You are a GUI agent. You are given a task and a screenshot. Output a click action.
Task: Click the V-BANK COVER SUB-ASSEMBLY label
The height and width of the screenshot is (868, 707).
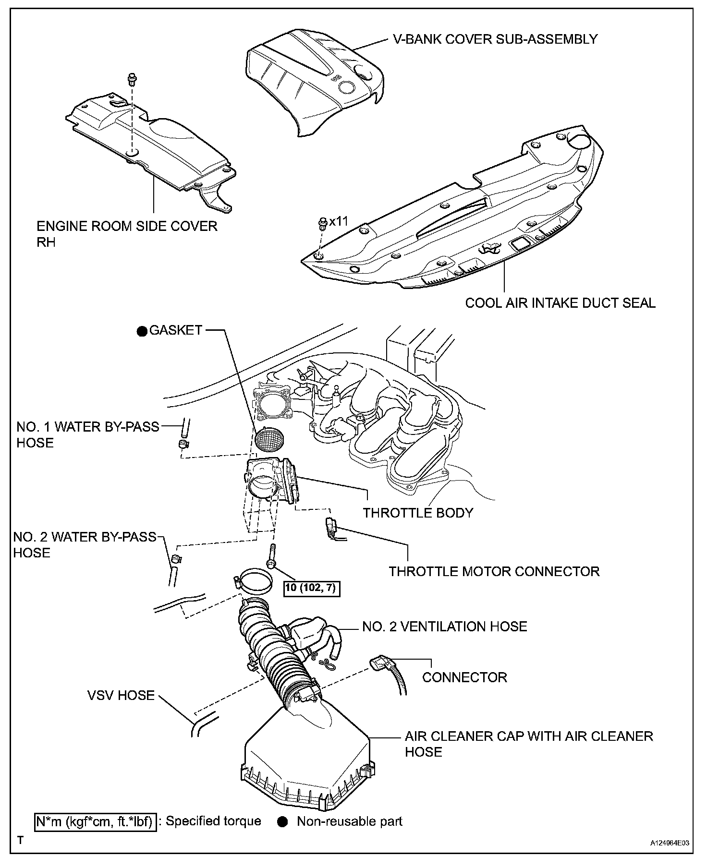click(x=495, y=39)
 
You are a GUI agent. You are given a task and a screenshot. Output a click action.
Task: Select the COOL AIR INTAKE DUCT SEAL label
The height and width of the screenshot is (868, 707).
click(x=560, y=303)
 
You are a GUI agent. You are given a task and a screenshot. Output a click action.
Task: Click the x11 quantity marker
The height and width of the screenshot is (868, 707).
click(x=338, y=221)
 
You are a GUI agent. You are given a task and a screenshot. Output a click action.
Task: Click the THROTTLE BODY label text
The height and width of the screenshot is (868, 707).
click(x=418, y=513)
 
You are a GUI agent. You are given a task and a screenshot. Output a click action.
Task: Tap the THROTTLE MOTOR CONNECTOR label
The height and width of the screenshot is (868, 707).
click(x=494, y=571)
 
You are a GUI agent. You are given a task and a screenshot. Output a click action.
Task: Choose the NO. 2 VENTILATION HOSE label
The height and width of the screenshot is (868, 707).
click(x=445, y=626)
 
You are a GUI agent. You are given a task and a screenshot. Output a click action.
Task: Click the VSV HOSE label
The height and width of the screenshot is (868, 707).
click(x=121, y=695)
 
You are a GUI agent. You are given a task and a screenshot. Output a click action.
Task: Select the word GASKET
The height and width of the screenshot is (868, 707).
click(x=176, y=330)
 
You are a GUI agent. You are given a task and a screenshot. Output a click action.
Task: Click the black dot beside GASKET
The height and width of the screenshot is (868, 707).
click(x=141, y=331)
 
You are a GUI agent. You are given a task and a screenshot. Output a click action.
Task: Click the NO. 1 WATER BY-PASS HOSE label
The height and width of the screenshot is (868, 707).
click(x=88, y=434)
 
